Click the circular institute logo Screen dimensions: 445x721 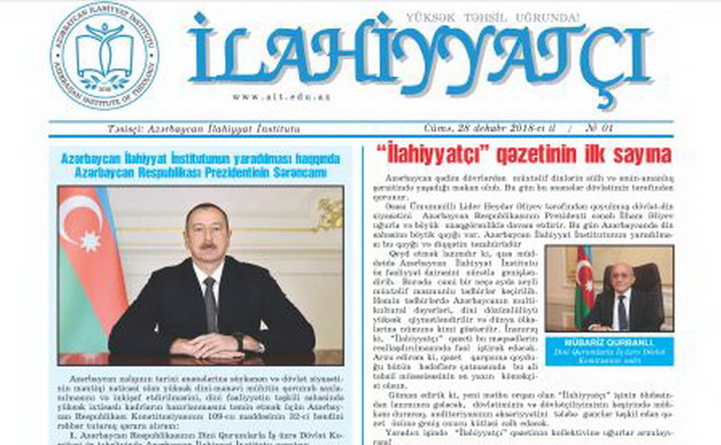(x=105, y=55)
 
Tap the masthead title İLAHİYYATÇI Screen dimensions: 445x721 (x=420, y=57)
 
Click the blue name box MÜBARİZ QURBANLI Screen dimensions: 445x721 (x=620, y=347)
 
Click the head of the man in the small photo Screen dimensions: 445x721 (x=622, y=276)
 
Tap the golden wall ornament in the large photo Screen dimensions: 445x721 (x=330, y=213)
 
